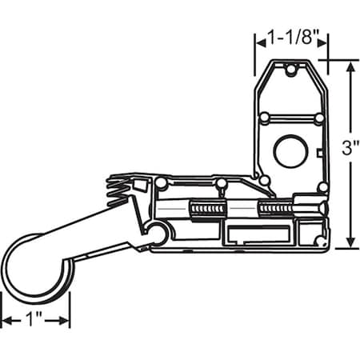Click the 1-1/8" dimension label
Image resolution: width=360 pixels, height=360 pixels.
[291, 37]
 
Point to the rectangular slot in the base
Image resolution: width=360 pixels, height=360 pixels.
[258, 234]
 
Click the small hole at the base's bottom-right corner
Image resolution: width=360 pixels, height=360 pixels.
[320, 240]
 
